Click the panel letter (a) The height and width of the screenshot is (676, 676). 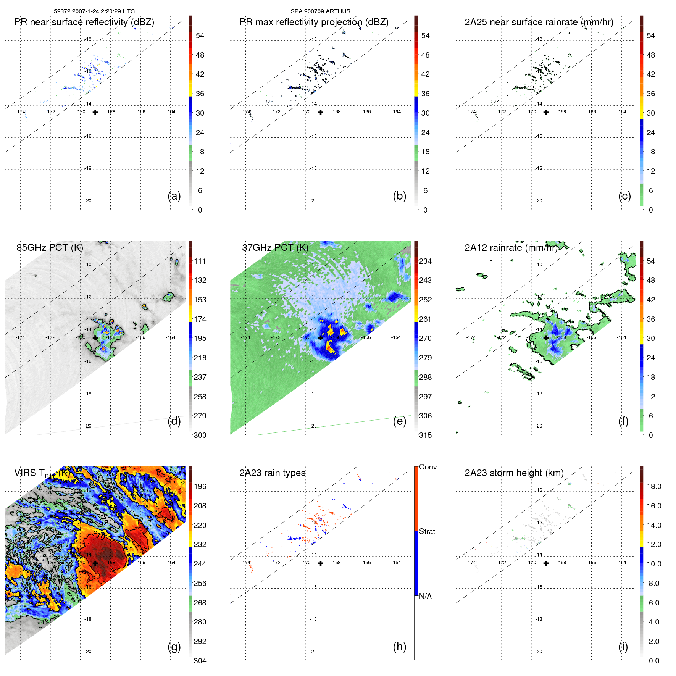[x=174, y=196]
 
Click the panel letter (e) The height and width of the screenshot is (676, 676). [x=399, y=421]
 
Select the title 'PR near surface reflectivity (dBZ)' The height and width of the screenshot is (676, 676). [x=84, y=22]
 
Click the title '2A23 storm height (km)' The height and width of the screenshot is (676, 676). [x=514, y=473]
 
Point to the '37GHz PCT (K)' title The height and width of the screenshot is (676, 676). [x=275, y=248]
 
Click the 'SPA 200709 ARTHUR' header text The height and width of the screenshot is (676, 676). [x=320, y=11]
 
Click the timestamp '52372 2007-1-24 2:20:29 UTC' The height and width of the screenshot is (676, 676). [x=94, y=11]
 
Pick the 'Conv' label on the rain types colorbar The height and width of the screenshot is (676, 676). [x=428, y=467]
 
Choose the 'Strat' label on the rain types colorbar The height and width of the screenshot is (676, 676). [x=427, y=532]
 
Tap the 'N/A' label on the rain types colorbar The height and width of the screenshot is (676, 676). [x=425, y=596]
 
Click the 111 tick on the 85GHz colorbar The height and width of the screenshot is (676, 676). [x=200, y=261]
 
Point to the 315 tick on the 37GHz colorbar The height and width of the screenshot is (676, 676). [x=425, y=436]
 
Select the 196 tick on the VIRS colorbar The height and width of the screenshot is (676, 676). [x=200, y=487]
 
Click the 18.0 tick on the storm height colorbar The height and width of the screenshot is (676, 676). [x=654, y=487]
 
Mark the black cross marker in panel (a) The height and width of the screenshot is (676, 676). [x=95, y=113]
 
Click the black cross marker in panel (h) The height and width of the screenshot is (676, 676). [x=321, y=563]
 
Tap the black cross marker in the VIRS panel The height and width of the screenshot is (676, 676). [x=95, y=563]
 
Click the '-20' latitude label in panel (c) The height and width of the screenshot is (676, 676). [x=539, y=201]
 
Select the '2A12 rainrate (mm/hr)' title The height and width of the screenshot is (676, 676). [x=511, y=248]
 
